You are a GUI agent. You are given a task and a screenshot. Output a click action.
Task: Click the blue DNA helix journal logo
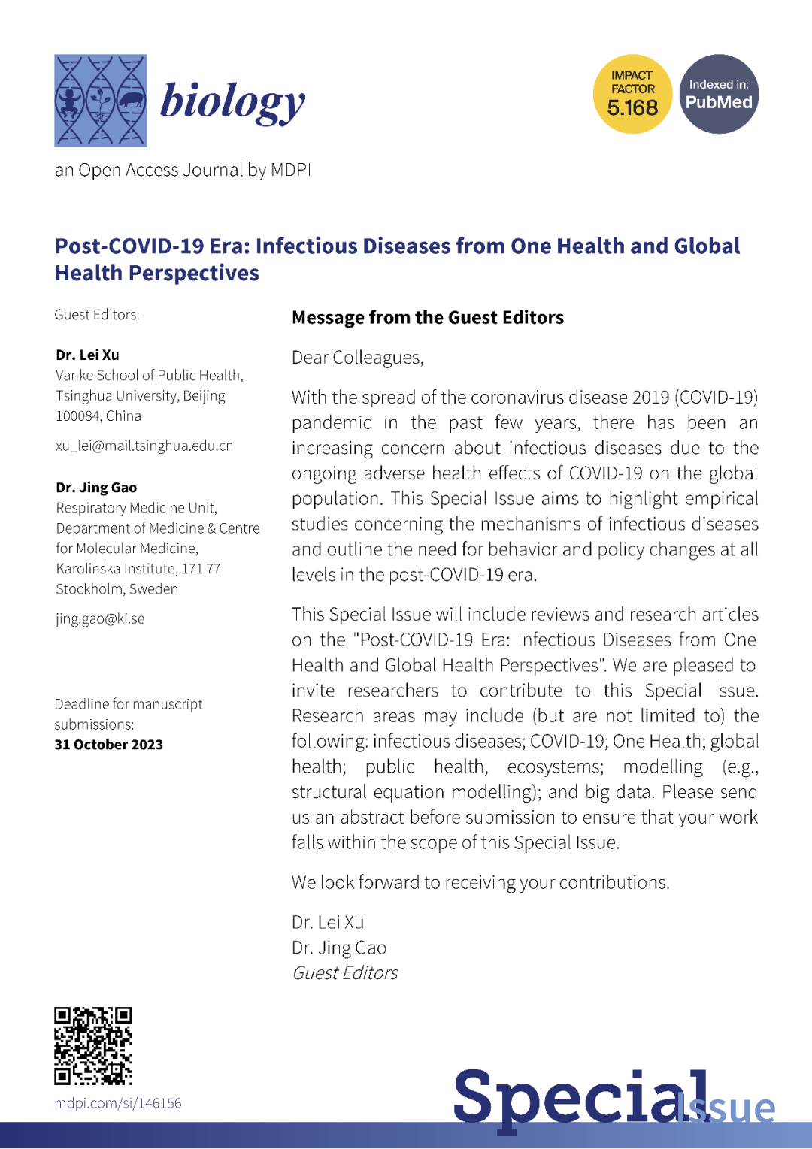pyautogui.click(x=100, y=100)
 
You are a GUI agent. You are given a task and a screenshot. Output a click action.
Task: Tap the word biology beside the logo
pyautogui.click(x=232, y=101)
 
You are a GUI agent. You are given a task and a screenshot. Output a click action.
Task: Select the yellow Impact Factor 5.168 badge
pyautogui.click(x=632, y=95)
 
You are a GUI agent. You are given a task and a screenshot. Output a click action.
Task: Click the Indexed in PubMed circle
pyautogui.click(x=719, y=95)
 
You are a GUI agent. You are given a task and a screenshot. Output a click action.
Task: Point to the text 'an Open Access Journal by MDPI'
pyautogui.click(x=183, y=171)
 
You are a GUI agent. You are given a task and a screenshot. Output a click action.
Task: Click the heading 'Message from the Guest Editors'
pyautogui.click(x=427, y=318)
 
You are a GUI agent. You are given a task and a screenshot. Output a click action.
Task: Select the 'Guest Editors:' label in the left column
pyautogui.click(x=97, y=315)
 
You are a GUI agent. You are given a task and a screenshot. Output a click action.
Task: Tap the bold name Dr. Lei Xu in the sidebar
pyautogui.click(x=87, y=355)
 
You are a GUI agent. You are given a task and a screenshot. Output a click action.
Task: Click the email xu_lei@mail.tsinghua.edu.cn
pyautogui.click(x=144, y=446)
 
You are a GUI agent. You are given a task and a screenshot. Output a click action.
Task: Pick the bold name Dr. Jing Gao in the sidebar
pyautogui.click(x=96, y=488)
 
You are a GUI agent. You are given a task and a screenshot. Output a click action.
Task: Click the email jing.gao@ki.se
pyautogui.click(x=100, y=619)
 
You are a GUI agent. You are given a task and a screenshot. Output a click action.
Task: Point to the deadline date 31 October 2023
pyautogui.click(x=108, y=745)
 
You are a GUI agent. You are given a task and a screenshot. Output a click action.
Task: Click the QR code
pyautogui.click(x=93, y=1045)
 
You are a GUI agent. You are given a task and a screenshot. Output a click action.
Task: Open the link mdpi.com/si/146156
pyautogui.click(x=118, y=1103)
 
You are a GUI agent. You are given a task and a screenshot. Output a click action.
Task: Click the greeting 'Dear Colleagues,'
pyautogui.click(x=357, y=358)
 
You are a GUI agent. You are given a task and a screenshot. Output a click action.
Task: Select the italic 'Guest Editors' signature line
pyautogui.click(x=344, y=973)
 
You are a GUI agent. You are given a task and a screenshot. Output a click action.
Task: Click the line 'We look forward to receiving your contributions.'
pyautogui.click(x=480, y=882)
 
